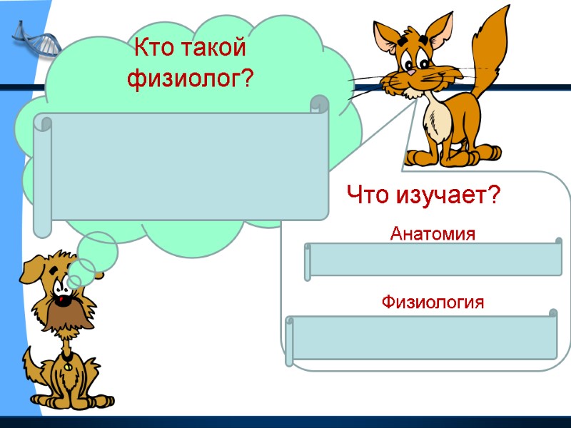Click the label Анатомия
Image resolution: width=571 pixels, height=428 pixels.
click(x=433, y=233)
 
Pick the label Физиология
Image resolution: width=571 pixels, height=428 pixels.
click(x=433, y=302)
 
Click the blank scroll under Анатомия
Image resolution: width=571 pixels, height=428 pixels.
click(x=434, y=259)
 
